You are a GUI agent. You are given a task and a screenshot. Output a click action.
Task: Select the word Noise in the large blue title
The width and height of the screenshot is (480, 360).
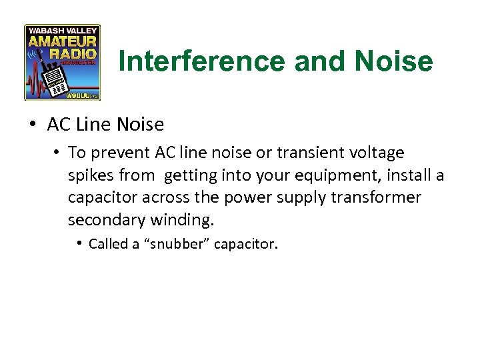point(395,62)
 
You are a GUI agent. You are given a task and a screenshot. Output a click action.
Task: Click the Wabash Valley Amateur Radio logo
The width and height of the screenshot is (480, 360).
point(62,62)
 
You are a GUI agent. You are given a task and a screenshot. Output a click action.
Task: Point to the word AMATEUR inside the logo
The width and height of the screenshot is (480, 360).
point(62,39)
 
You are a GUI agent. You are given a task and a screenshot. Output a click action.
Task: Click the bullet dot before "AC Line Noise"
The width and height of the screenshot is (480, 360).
point(32,125)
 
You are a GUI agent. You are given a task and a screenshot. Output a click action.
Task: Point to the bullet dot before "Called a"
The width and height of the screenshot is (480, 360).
point(79,243)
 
